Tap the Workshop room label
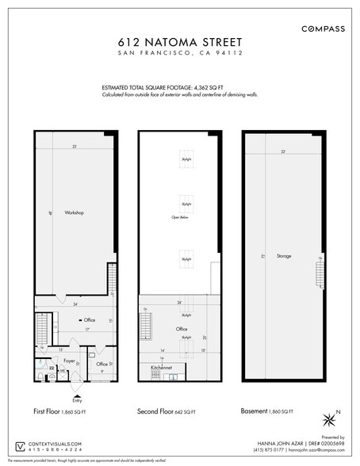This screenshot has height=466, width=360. (x=75, y=212)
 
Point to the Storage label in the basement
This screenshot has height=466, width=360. (x=284, y=256)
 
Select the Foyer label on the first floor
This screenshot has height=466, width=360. (x=69, y=361)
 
